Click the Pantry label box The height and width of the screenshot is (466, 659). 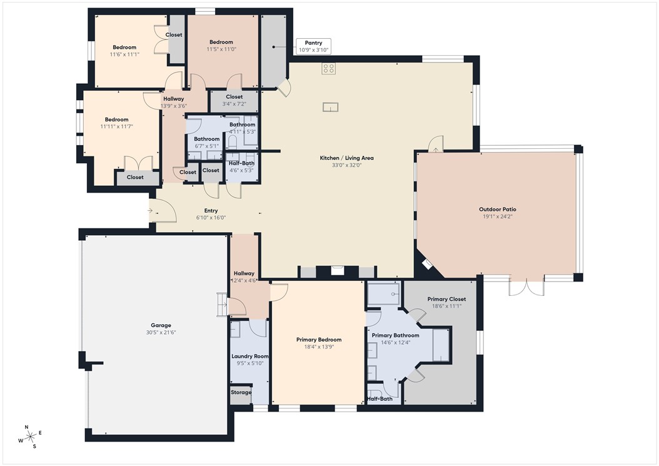point(313,46)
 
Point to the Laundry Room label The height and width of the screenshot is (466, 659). point(248,356)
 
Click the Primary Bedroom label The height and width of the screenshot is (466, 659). point(319,340)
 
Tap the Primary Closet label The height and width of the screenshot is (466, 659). point(446,299)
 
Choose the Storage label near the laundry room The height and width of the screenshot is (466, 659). point(241,393)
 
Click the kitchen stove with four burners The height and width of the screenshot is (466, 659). point(329,69)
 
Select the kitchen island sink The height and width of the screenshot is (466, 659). point(330,107)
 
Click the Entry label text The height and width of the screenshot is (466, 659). point(211,211)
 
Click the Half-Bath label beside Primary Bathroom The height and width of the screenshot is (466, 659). point(380,399)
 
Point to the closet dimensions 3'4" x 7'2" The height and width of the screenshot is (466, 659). point(234,104)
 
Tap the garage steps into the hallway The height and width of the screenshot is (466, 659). point(223,305)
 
